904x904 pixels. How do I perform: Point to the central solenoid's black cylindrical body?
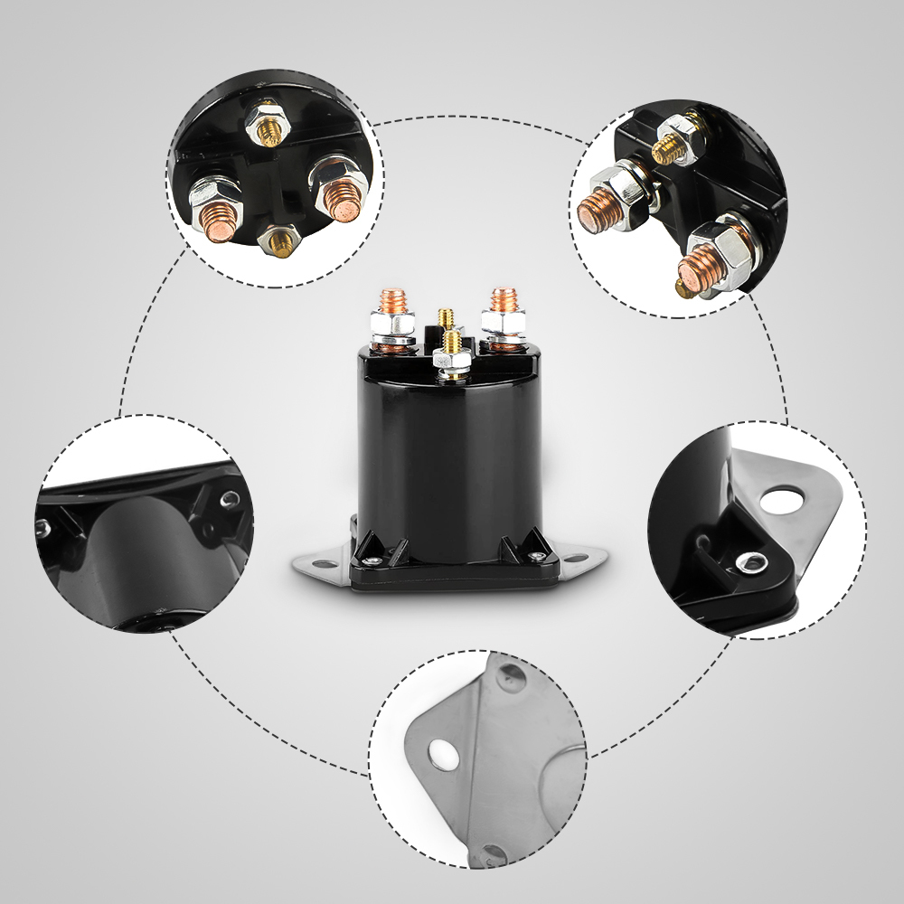pos(450,452)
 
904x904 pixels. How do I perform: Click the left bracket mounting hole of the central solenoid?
pos(316,564)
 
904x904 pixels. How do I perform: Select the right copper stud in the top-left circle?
pos(343,200)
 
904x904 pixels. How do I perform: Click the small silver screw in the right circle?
pos(748,564)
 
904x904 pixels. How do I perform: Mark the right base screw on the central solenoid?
pos(539,556)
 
